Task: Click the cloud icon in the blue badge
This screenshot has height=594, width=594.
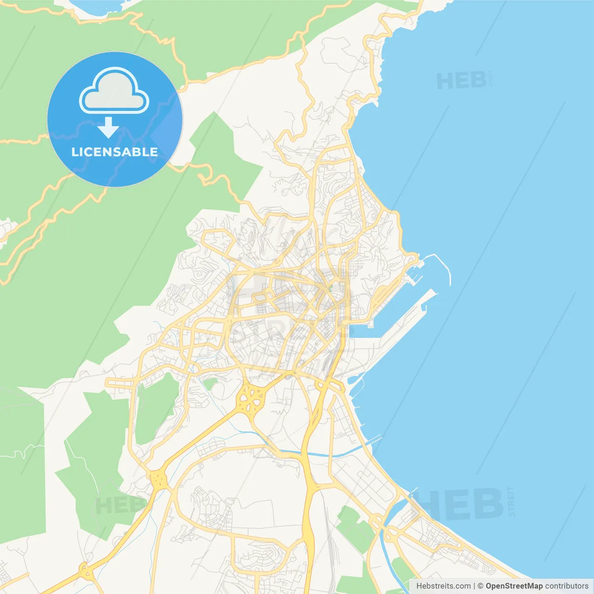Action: pyautogui.click(x=114, y=91)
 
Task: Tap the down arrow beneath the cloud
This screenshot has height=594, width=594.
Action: pyautogui.click(x=109, y=127)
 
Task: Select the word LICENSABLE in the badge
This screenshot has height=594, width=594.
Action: pyautogui.click(x=115, y=152)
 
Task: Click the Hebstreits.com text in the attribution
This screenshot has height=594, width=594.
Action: pyautogui.click(x=443, y=586)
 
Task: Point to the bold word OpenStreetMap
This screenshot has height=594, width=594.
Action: pyautogui.click(x=514, y=586)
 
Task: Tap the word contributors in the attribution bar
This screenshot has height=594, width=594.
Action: pyautogui.click(x=567, y=586)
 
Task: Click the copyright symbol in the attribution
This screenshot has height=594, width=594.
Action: pyautogui.click(x=480, y=586)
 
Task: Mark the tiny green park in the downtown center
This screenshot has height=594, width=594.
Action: pyautogui.click(x=330, y=288)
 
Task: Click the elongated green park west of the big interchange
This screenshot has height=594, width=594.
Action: pyautogui.click(x=155, y=408)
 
